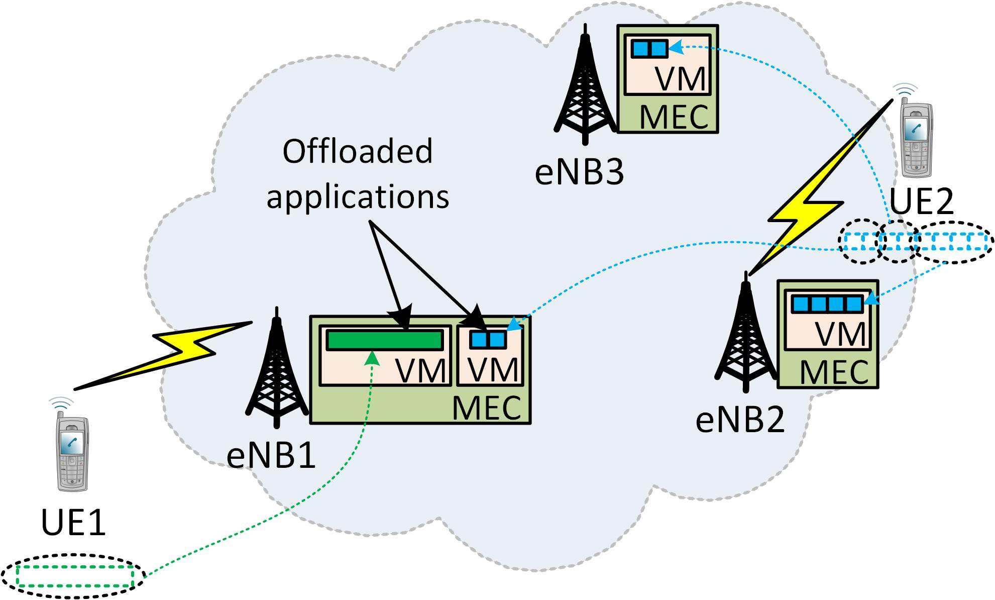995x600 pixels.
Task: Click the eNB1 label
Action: [x=271, y=456]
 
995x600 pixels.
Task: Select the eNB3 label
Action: [x=579, y=172]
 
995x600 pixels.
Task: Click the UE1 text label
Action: [x=73, y=523]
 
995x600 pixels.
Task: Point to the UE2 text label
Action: [x=921, y=202]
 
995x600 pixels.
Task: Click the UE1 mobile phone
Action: [x=72, y=452]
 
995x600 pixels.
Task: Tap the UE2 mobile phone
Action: [x=916, y=138]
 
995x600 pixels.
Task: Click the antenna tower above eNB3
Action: [x=584, y=88]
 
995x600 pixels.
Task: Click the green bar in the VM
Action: [x=384, y=340]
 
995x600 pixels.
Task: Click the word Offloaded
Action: [x=357, y=151]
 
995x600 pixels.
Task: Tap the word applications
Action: [x=357, y=197]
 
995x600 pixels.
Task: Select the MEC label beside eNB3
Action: [x=674, y=118]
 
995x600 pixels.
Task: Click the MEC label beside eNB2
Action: [x=834, y=373]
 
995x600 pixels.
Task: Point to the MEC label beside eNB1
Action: [x=486, y=408]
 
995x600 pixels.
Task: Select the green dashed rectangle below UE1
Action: [x=74, y=576]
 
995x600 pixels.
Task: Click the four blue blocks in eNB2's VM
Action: [x=827, y=304]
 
